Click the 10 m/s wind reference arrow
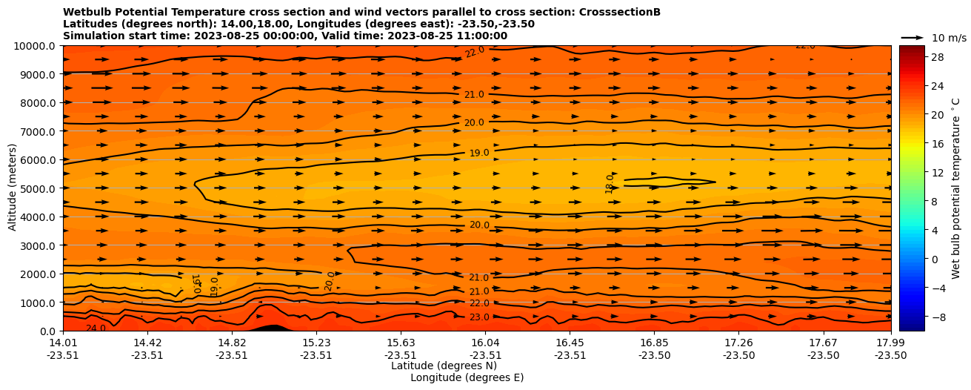912,37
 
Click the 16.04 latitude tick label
485,343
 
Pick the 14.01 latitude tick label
63,343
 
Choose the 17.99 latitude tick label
890,343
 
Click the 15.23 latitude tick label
316,343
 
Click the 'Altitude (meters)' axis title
13,188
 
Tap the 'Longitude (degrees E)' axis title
467,377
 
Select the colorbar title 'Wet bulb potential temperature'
955,188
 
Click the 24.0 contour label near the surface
96,328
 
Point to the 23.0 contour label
479,317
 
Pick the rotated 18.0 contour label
610,183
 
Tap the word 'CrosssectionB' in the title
620,13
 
